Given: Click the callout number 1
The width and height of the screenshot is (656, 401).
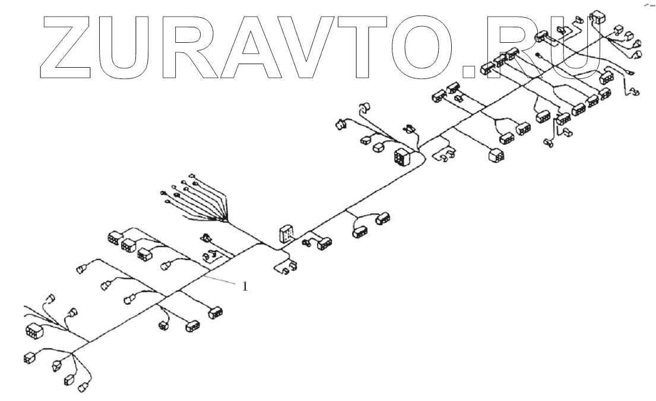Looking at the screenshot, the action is pos(245,286).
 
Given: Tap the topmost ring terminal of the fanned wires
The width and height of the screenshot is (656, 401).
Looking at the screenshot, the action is pos(192,175).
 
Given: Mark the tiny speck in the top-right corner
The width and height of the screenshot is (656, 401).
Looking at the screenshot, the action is pos(649,4).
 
